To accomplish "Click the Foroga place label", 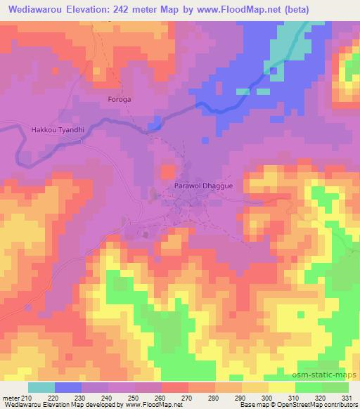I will pyautogui.click(x=118, y=100).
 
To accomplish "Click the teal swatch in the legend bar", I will pyautogui.click(x=41, y=387).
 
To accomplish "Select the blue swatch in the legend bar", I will pyautogui.click(x=68, y=387).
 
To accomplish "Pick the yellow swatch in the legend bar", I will pyautogui.click(x=282, y=387).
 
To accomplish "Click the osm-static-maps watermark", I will pyautogui.click(x=330, y=372).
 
